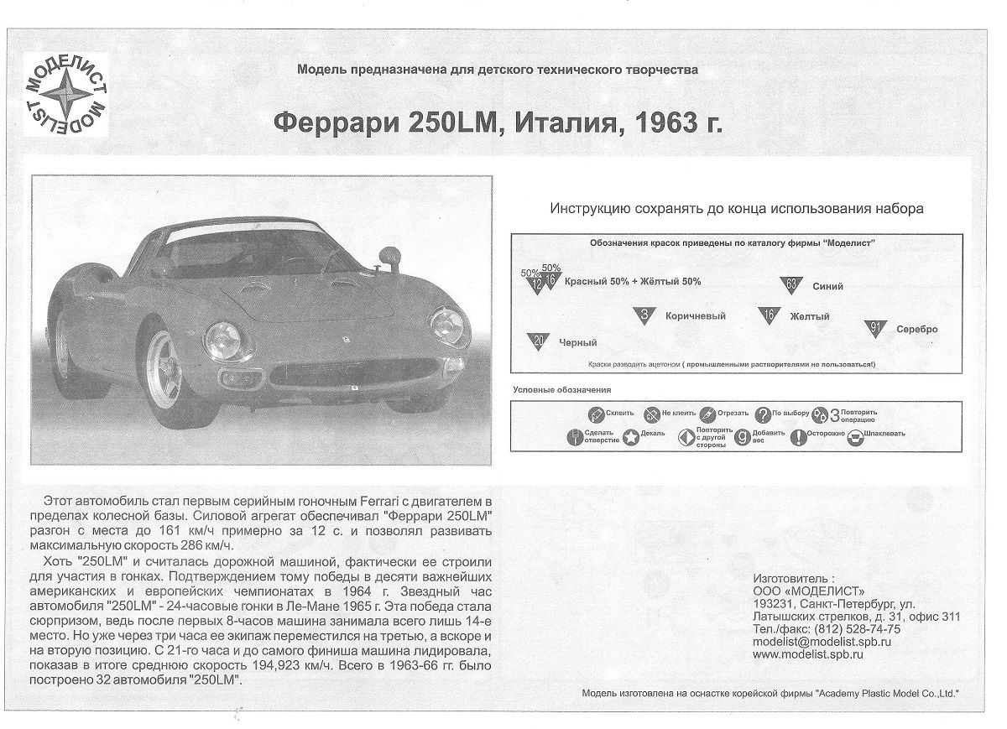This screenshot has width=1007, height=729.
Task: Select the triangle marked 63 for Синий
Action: pyautogui.click(x=790, y=285)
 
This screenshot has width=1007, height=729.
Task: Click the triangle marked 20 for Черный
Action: pyautogui.click(x=538, y=341)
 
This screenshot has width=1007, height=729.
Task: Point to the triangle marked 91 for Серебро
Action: pyautogui.click(x=874, y=328)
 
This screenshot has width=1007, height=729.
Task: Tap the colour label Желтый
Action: pyautogui.click(x=809, y=317)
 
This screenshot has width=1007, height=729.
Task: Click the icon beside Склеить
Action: pyautogui.click(x=595, y=414)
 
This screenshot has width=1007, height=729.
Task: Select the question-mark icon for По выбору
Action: pyautogui.click(x=762, y=414)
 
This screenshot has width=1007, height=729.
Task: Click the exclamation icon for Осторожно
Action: pyautogui.click(x=798, y=437)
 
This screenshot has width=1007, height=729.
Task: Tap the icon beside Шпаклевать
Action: pyautogui.click(x=855, y=437)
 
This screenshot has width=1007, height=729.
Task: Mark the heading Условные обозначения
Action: pyautogui.click(x=561, y=390)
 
